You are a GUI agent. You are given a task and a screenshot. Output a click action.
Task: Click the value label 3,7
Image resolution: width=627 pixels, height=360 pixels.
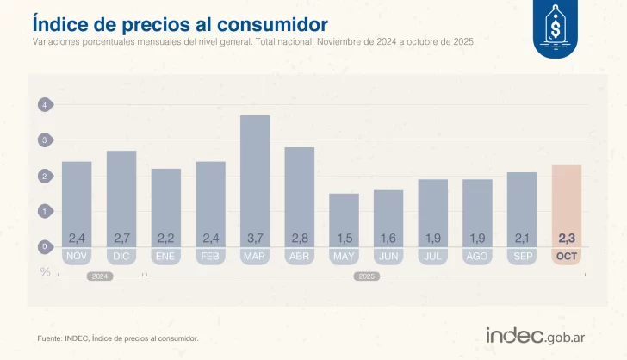255,238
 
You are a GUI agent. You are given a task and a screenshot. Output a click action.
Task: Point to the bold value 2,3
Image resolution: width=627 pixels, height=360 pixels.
567,238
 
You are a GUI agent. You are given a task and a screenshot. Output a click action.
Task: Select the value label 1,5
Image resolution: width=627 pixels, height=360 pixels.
344,238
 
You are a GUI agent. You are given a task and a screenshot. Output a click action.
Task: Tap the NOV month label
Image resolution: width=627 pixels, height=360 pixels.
77,256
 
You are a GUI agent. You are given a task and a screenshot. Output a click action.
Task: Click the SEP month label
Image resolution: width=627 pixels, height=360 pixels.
522,256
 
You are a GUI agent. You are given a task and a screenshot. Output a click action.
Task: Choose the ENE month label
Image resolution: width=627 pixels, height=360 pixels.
166,256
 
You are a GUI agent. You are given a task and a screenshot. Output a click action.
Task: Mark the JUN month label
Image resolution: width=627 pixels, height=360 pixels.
388,256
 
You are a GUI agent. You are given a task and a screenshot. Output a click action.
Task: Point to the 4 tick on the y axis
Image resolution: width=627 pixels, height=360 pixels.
44,105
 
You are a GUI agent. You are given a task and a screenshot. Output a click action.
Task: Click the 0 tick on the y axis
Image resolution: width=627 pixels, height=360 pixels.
44,247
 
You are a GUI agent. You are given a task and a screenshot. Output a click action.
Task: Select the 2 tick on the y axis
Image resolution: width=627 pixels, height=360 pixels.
44,177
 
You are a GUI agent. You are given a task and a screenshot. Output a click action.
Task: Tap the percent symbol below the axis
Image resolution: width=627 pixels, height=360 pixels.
45,272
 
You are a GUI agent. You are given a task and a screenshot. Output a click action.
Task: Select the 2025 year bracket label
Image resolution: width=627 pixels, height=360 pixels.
366,276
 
